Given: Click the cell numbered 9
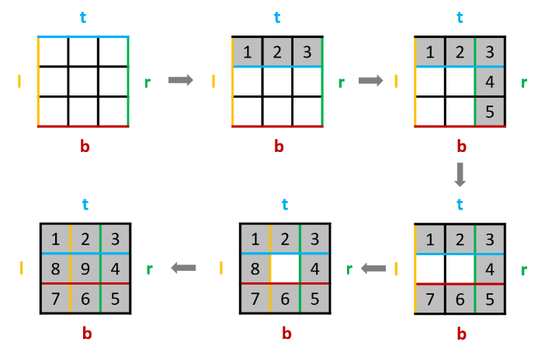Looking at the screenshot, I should pos(85,268).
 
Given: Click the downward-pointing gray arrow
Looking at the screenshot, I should pos(460,174).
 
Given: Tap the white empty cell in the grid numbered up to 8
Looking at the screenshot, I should pos(285,268).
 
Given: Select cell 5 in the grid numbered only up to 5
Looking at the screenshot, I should pos(490,111).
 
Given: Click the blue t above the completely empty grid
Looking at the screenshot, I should pos(84,17).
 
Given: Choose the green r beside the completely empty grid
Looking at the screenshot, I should pos(148,81).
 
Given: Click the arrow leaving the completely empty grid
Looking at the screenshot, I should pos(180,80).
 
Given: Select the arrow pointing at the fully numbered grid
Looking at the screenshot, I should pos(183,268).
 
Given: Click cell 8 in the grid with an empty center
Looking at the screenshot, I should pos(255,268).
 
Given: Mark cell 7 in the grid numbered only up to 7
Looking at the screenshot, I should pos(429,298).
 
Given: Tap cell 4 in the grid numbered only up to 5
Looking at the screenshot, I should pos(490,81).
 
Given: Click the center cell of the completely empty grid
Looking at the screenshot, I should pos(84,81).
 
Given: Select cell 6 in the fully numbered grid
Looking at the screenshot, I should pos(85,298).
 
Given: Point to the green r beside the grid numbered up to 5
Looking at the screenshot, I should pos(523,81).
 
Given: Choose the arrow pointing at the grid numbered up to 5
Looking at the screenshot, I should pos(371,80).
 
